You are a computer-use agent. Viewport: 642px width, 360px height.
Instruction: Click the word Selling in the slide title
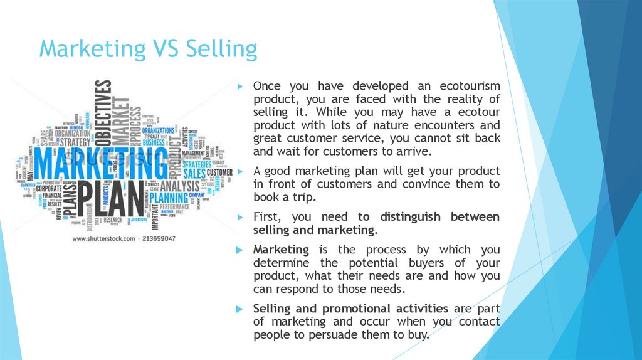[221, 50]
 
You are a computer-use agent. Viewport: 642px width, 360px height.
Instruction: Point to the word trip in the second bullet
[303, 198]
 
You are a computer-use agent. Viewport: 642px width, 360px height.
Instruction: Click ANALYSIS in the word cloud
[179, 186]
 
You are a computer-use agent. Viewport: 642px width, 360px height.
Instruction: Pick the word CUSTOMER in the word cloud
[219, 172]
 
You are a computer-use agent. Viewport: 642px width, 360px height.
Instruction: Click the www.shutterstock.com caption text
[104, 239]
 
